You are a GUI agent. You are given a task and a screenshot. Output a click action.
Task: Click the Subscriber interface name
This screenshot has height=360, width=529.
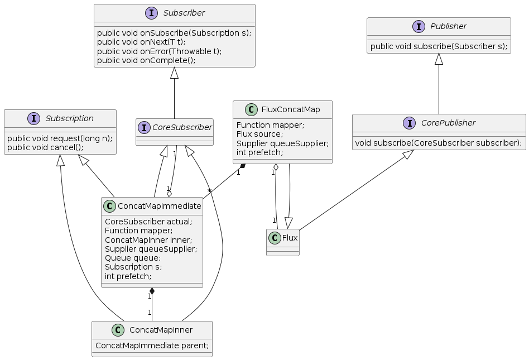pos(184,13)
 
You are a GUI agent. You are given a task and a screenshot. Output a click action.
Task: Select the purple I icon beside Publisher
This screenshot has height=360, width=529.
pos(419,26)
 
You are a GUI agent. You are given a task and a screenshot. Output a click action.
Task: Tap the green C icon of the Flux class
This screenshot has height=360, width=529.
pos(275,238)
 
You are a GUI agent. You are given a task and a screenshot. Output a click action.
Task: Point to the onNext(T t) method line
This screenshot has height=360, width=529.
pos(141,42)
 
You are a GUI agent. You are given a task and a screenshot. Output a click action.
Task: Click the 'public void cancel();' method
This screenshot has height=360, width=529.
pos(45,147)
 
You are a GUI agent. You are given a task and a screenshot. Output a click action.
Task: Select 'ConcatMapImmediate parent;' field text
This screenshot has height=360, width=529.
pos(152,345)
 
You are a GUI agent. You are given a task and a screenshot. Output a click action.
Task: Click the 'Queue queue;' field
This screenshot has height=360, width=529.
pos(133,258)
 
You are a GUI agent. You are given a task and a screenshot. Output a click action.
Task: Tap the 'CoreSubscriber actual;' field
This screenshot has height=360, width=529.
pos(148,222)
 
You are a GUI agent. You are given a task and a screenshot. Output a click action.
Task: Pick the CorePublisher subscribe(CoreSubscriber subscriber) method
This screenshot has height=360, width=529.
pos(439,143)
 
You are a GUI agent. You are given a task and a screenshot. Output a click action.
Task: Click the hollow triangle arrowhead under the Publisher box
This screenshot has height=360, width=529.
pos(439,59)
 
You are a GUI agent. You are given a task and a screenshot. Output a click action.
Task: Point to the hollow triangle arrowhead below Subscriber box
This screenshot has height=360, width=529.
pos(174,73)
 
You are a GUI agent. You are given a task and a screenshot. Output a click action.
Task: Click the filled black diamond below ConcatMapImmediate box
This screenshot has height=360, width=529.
pos(152,292)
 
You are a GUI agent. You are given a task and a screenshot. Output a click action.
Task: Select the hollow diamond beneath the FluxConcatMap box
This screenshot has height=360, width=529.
pos(276,168)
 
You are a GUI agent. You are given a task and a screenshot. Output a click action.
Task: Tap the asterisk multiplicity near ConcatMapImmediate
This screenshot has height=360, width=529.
pos(209,191)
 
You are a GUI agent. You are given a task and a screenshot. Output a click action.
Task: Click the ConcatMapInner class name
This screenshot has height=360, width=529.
pos(161,330)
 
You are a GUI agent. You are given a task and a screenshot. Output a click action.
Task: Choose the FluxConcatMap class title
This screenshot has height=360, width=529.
pos(291,109)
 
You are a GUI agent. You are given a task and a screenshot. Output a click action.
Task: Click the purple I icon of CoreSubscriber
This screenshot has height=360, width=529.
pos(144,128)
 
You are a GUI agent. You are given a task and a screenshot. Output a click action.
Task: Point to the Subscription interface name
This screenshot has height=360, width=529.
pos(70,118)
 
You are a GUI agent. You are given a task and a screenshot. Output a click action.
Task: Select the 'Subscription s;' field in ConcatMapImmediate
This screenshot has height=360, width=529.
pos(133,267)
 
